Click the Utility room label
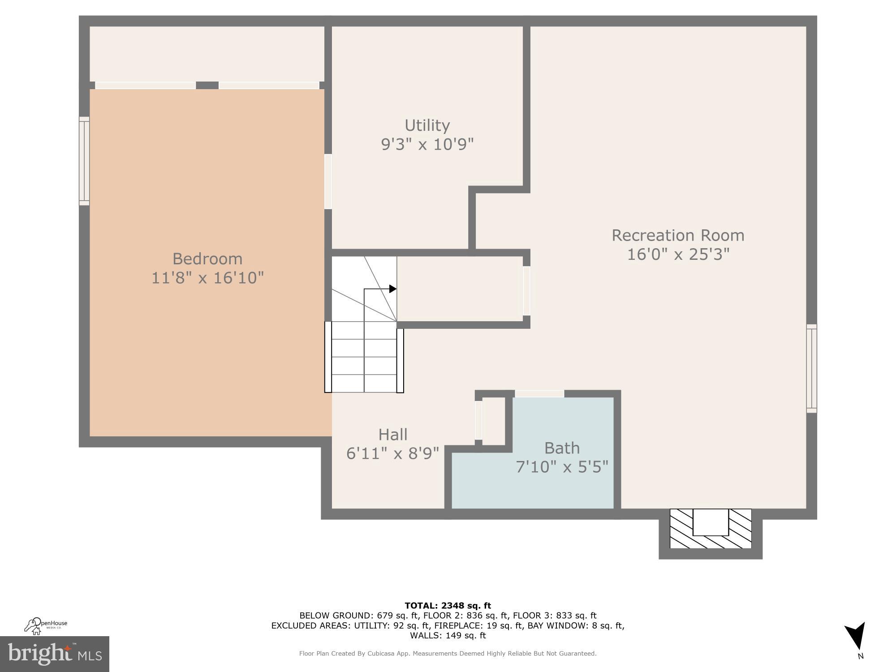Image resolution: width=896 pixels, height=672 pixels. (427, 125)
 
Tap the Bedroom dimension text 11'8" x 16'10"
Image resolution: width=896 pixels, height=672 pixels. (207, 278)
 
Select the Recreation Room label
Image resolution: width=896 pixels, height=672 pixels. (678, 235)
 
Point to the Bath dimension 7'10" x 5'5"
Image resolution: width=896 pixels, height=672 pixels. (562, 467)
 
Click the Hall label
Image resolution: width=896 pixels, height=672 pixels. (393, 435)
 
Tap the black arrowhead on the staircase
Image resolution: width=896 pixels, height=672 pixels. (392, 289)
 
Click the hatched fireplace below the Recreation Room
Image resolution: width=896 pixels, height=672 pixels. (710, 529)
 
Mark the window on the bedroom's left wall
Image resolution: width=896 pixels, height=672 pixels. (84, 161)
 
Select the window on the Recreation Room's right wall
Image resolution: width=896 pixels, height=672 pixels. (811, 368)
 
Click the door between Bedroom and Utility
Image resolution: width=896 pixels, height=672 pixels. (328, 181)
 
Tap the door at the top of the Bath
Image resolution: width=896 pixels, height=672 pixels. (539, 394)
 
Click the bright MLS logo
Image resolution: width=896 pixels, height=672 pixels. (55, 654)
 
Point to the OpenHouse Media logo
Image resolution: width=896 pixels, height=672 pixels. (46, 626)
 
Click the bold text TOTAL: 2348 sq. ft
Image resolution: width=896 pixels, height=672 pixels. (448, 606)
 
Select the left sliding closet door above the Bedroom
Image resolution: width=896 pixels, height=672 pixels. (146, 85)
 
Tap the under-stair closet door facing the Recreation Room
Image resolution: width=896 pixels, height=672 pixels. (526, 291)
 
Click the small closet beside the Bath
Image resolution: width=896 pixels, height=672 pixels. (493, 421)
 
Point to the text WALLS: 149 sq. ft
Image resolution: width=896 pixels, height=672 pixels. (448, 635)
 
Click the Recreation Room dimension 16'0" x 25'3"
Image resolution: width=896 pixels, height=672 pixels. (678, 254)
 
